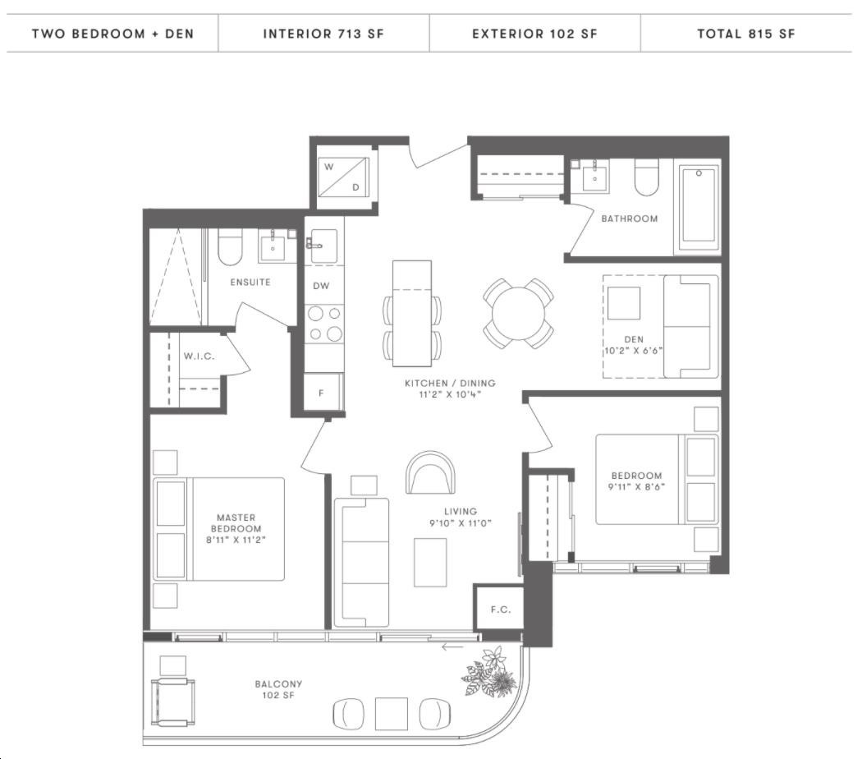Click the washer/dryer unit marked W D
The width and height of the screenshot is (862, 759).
[344, 177]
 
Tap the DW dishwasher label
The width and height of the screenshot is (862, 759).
[321, 286]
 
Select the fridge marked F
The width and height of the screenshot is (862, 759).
[323, 392]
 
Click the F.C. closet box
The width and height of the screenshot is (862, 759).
[499, 608]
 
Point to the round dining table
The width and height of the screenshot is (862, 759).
[518, 314]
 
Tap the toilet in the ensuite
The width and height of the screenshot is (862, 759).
[231, 247]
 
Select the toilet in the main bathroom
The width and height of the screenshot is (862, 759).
[647, 177]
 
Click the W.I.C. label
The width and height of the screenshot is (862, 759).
[199, 356]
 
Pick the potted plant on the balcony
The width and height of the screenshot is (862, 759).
[490, 672]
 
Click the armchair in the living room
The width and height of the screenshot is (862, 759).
[430, 472]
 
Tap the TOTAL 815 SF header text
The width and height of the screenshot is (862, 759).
[746, 34]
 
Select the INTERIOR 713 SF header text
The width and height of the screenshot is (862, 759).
[323, 34]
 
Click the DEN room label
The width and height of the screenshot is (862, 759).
[634, 339]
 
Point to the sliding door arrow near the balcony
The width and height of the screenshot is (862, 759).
[452, 646]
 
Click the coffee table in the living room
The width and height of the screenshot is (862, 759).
[430, 562]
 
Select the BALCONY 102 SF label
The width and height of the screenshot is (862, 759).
[278, 690]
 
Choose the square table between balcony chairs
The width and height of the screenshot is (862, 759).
[391, 714]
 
